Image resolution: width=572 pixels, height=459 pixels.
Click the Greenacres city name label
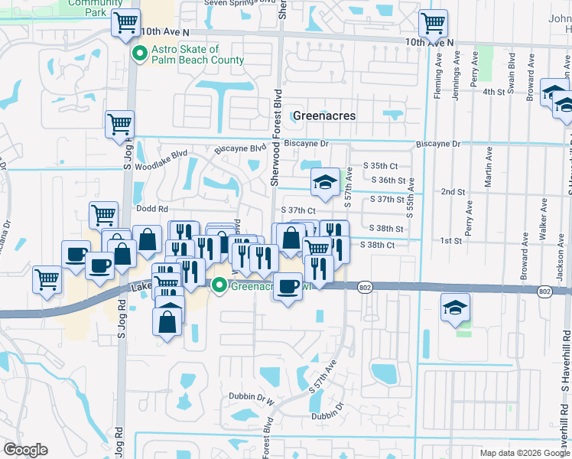(325, 116)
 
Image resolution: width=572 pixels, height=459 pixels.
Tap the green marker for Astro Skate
(140, 54)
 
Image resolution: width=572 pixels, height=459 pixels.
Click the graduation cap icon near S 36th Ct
(325, 182)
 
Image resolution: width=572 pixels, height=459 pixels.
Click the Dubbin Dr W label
(251, 398)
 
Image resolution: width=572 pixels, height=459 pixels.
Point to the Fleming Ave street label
(439, 75)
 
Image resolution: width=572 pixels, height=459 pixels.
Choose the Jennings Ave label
(457, 75)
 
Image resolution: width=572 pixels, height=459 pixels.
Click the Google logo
(25, 450)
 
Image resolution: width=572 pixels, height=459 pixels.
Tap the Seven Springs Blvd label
(237, 3)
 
